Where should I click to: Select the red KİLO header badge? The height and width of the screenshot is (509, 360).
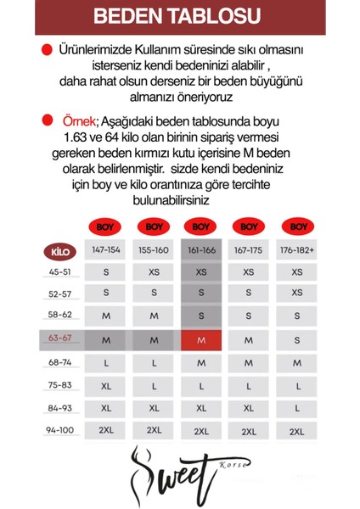click(59, 252)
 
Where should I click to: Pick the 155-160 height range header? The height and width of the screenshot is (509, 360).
click(154, 252)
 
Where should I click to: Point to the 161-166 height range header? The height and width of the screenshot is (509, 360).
click(201, 252)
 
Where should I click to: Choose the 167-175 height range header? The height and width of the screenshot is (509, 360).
click(249, 252)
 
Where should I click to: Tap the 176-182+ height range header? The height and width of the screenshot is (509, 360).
click(296, 252)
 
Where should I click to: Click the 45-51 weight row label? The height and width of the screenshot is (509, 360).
click(59, 272)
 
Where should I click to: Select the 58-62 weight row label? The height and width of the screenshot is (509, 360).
click(59, 315)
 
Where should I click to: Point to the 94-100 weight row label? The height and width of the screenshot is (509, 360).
click(59, 429)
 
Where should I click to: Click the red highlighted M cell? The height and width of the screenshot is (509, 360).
click(201, 339)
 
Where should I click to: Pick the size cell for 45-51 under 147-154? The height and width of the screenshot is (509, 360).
click(106, 272)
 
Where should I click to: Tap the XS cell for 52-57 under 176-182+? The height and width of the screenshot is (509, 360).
click(296, 294)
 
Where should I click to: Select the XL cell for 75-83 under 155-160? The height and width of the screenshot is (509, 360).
click(154, 384)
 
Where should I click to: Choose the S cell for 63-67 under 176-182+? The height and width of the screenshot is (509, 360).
click(296, 339)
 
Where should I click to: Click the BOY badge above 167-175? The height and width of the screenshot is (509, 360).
click(249, 227)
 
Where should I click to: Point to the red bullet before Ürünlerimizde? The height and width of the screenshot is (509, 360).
click(47, 51)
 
